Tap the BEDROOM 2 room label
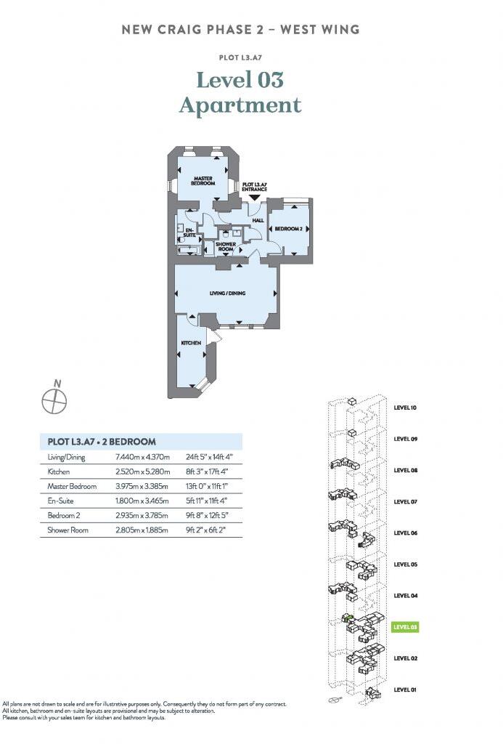coord(287,229)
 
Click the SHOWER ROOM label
coord(226,247)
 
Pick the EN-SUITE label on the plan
coord(189,232)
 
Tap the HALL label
coord(258,221)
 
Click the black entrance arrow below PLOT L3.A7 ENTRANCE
coord(254,197)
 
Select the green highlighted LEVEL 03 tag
coord(405,626)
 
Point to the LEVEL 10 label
coord(405,408)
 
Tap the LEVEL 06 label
coord(405,533)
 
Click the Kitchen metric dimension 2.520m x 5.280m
coord(142,472)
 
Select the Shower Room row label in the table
coord(68,530)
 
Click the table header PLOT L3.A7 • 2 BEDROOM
coord(101,441)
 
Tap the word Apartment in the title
coord(240,105)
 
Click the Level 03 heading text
coord(240,78)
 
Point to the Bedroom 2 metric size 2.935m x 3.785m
coord(142,515)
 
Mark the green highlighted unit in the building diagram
coord(348,618)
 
